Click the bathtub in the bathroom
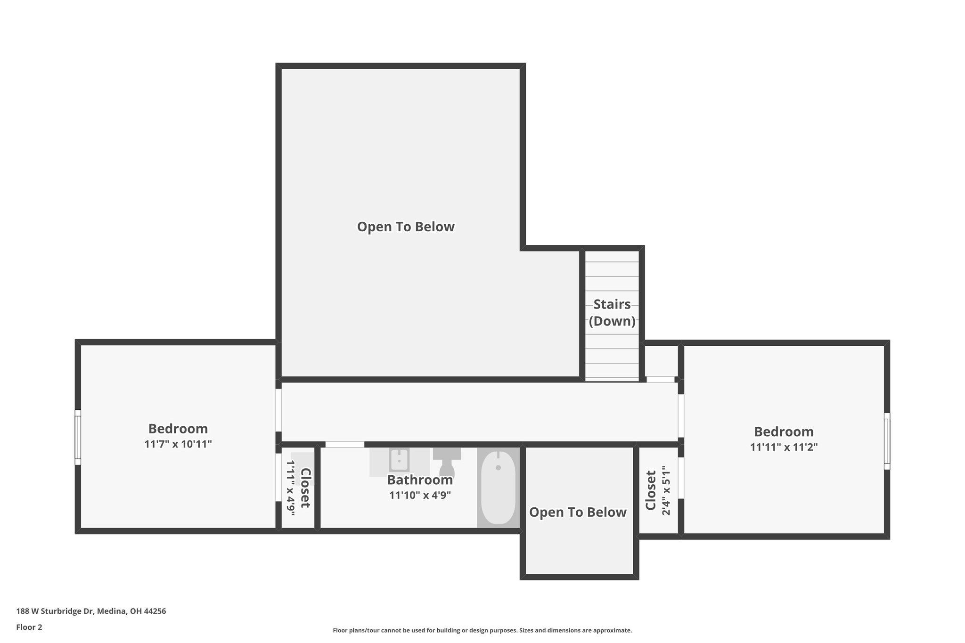point(498,488)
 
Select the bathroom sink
point(399,460)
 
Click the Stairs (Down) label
point(612,313)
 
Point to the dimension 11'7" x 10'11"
point(178,444)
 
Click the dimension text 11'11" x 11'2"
point(784,447)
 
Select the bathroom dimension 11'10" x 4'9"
point(420,496)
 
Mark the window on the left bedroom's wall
point(78,437)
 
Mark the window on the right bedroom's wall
point(887,441)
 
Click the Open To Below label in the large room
point(406,227)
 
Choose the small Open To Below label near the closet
point(578,513)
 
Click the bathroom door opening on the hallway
point(344,444)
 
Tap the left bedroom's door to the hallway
point(278,409)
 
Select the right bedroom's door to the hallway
point(680,415)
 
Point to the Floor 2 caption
point(29,627)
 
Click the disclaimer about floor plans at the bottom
point(482,630)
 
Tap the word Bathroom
point(420,480)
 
